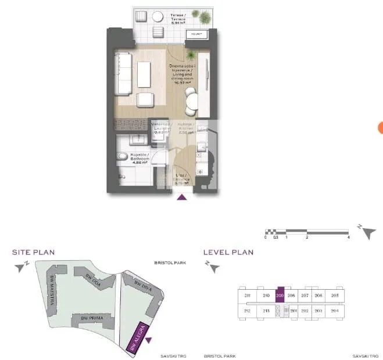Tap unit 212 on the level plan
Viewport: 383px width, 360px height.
coord(247,311)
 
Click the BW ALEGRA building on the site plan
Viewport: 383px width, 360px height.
coord(137,338)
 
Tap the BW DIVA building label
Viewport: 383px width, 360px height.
coord(143,286)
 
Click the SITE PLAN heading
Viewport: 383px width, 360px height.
coord(34,252)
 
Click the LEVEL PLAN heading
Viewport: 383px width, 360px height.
coord(228,252)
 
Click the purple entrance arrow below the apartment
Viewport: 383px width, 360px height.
coord(182,197)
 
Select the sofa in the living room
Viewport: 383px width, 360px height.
coord(123,73)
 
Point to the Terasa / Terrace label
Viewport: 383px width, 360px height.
coord(178,17)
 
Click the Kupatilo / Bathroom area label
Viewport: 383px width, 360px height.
coord(139,159)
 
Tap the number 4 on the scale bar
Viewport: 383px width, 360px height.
coord(348,237)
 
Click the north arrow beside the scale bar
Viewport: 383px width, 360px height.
coord(367,232)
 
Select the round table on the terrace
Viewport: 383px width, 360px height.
coord(158,33)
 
